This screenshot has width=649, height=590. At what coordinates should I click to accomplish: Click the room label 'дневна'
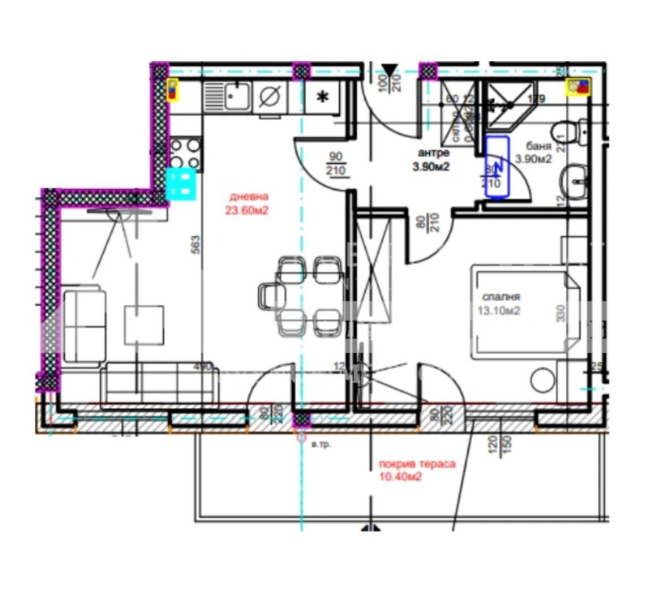tap(248, 196)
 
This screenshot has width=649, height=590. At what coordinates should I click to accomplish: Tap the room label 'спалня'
tap(499, 296)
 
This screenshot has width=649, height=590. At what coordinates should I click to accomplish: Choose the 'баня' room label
tap(538, 147)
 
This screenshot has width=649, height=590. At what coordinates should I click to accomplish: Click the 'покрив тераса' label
tap(417, 465)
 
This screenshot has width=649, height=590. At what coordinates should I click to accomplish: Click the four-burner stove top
tap(185, 151)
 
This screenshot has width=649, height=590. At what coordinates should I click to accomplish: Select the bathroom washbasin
tap(577, 177)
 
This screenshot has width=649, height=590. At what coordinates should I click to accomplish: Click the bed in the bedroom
tap(522, 312)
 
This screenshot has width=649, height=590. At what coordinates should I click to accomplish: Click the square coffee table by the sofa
tap(144, 323)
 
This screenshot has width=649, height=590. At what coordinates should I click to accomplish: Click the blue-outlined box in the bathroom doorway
tap(497, 166)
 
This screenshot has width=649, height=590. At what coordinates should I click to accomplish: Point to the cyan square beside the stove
tap(183, 184)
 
